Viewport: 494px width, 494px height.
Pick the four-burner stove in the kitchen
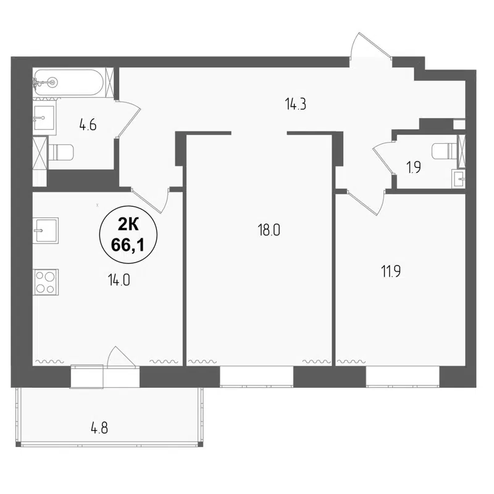point(45,282)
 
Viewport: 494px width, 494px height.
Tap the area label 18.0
point(269,230)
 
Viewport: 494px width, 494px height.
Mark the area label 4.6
point(88,122)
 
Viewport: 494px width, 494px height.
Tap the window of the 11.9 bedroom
point(402,375)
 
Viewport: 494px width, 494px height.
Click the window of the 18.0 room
point(256,375)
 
